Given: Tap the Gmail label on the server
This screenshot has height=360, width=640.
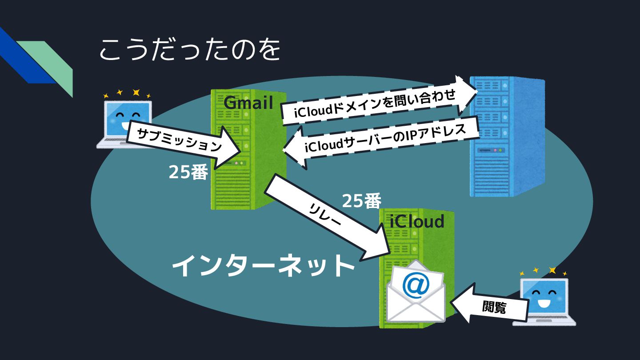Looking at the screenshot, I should click(x=248, y=103).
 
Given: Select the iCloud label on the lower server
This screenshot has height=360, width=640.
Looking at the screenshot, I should click(x=417, y=221).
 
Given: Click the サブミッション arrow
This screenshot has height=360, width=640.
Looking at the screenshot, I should click(x=182, y=142).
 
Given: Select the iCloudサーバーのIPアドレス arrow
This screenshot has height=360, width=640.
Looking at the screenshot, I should click(x=382, y=140).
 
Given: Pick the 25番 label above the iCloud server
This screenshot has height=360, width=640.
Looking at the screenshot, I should click(x=361, y=201).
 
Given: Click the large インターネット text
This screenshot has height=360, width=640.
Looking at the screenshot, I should click(x=263, y=266).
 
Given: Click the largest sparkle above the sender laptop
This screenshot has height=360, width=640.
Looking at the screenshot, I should click(x=136, y=92).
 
